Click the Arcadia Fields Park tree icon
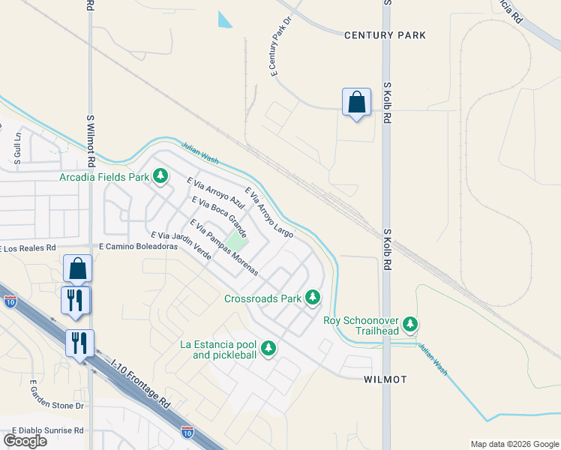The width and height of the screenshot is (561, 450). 160,177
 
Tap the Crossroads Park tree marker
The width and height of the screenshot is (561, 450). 312,298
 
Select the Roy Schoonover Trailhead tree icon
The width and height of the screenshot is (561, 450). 409,324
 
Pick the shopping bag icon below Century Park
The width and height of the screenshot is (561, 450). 356,102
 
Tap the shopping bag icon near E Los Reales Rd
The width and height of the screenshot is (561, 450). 79,268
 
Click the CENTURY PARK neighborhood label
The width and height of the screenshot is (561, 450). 385,35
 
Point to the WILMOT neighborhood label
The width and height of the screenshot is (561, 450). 385,379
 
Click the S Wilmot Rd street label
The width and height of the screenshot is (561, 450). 91,141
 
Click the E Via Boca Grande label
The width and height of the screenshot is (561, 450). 220,217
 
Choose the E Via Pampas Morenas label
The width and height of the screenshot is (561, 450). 223,247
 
